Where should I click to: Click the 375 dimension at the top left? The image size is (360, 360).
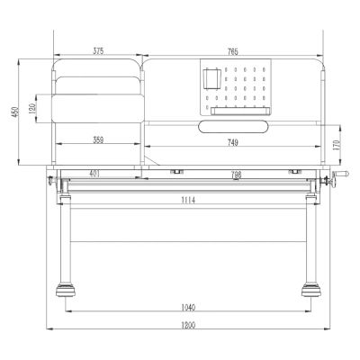(x=97, y=52)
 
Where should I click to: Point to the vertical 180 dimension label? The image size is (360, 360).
(x=32, y=108)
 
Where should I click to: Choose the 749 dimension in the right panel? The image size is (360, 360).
(x=232, y=141)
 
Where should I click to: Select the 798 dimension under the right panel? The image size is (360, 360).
(x=235, y=175)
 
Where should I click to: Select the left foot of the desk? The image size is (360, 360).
(x=65, y=290)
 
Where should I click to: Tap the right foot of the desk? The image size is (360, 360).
(x=312, y=290)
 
